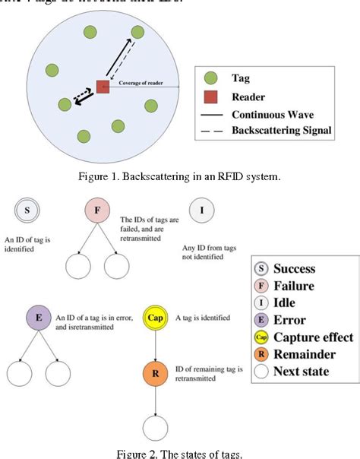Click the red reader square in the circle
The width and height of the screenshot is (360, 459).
103,87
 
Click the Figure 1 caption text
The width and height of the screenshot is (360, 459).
179,176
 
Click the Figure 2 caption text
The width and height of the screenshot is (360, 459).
179,454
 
